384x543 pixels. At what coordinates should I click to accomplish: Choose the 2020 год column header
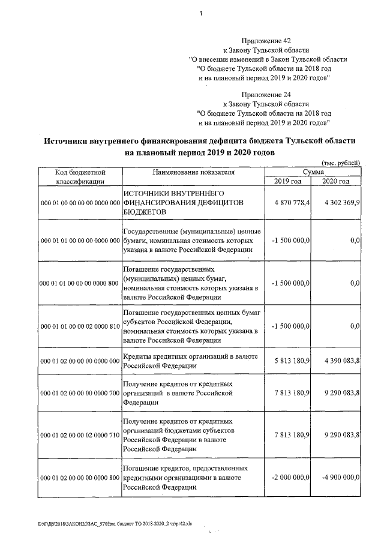tap(336, 181)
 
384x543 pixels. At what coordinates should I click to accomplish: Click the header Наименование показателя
tap(193, 172)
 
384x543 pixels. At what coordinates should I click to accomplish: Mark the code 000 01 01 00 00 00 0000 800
tap(80, 283)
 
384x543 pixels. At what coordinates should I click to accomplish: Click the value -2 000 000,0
tap(290, 477)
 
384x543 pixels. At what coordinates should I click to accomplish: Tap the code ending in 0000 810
tap(80, 326)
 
